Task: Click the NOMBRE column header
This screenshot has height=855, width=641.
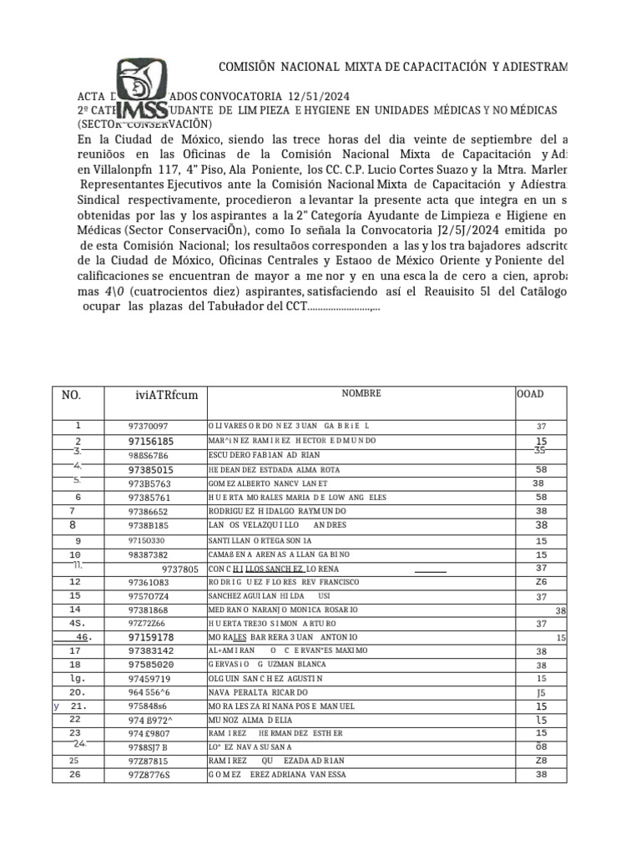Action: [x=361, y=393]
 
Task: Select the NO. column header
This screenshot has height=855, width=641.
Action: [x=72, y=395]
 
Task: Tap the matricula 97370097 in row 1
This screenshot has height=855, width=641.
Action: [x=148, y=426]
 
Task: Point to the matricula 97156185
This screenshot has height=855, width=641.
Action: [x=151, y=441]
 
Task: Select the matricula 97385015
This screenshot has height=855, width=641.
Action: [x=151, y=470]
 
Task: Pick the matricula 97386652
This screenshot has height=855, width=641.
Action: [x=148, y=511]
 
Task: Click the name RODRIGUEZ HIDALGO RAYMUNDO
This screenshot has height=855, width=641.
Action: [x=277, y=511]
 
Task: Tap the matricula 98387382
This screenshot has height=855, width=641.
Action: [x=148, y=555]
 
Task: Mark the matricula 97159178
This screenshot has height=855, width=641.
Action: [x=151, y=637]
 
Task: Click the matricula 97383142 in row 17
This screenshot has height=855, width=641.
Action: [x=151, y=650]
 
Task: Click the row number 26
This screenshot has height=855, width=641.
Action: [x=75, y=774]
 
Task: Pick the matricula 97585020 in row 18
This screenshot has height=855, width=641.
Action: [x=151, y=665]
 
